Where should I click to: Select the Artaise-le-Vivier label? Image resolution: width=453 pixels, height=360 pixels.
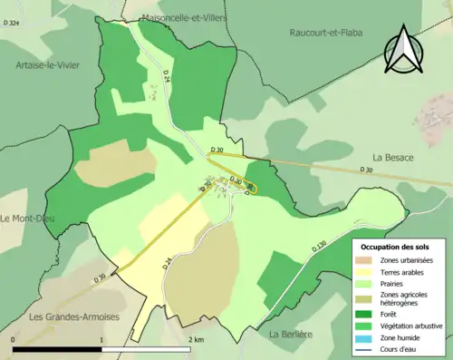click(x=52, y=65)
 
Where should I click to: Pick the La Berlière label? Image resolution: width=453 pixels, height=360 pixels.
click(x=292, y=335)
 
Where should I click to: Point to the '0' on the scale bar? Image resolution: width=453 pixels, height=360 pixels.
click(x=14, y=339)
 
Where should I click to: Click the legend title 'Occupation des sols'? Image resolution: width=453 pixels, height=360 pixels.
click(x=396, y=246)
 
